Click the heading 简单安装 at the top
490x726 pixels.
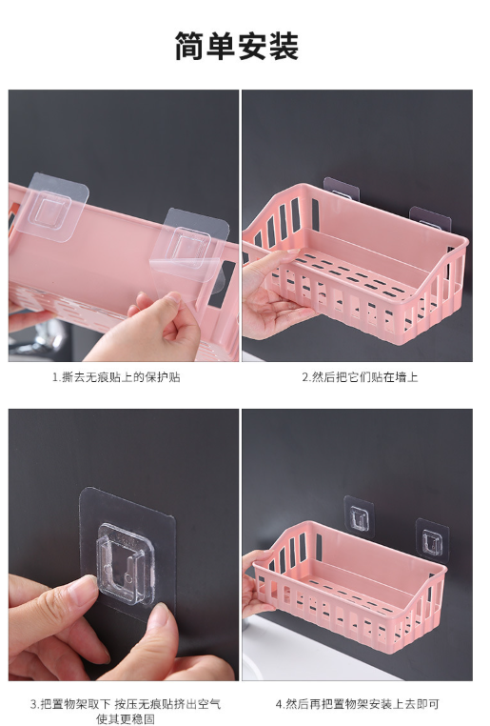[236, 47]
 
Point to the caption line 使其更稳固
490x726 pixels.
[126, 719]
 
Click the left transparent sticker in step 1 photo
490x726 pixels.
[52, 207]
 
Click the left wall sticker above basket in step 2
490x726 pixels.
[342, 189]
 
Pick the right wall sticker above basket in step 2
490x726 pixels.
[430, 218]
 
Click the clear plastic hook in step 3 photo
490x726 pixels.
[125, 563]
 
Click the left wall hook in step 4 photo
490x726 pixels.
[359, 517]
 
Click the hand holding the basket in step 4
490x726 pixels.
[257, 584]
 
